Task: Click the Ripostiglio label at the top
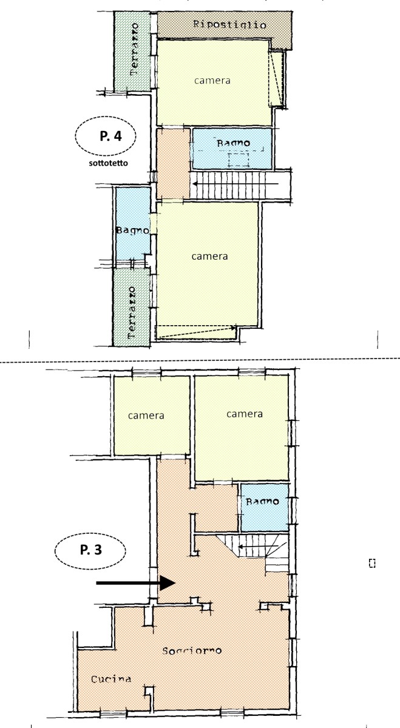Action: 229,25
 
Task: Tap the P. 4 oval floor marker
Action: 106,136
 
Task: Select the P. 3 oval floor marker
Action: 89,552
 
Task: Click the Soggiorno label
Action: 192,650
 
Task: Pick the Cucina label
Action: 111,679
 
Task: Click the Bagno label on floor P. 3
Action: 262,502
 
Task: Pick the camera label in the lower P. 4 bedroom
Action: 209,256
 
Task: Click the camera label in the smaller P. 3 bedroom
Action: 146,416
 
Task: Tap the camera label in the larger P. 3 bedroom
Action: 244,414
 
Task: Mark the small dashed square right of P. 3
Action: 372,564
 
